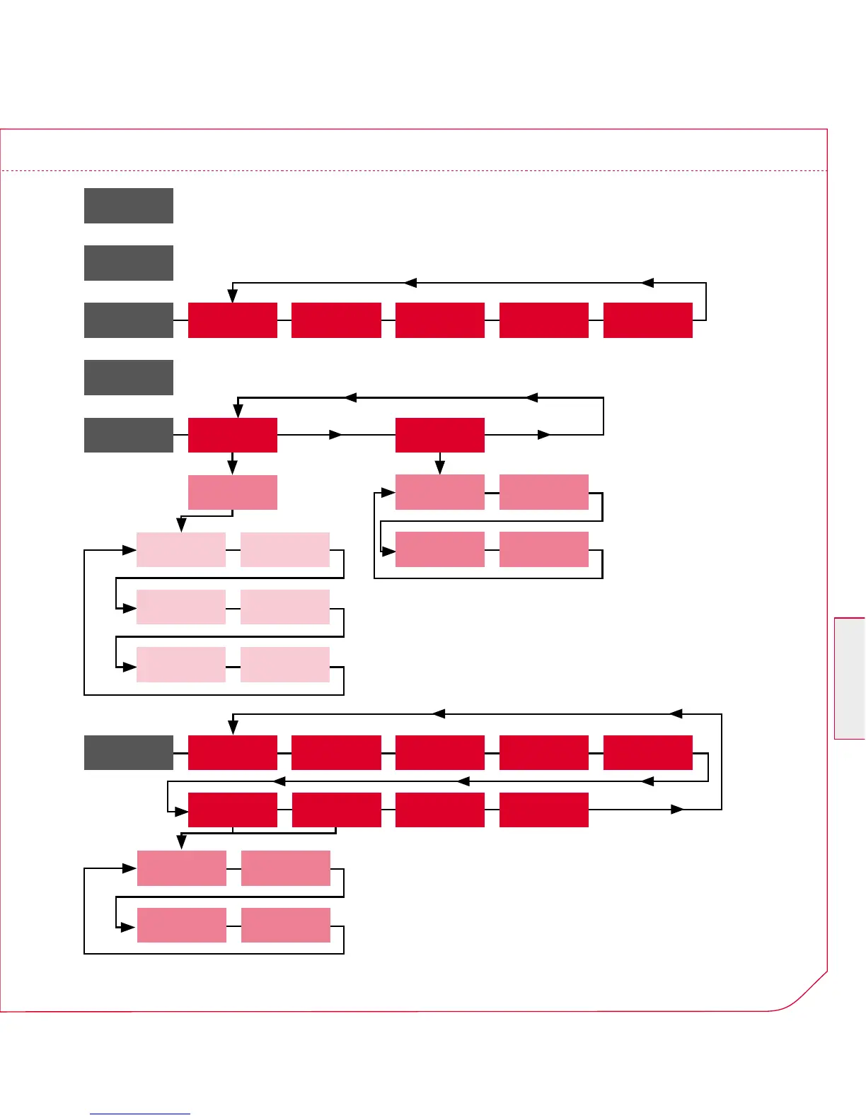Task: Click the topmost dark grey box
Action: (129, 206)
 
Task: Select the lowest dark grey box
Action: (129, 752)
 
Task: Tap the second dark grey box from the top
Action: (129, 263)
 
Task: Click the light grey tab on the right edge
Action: (850, 679)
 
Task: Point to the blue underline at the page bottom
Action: (140, 1114)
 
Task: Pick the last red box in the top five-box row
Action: (647, 320)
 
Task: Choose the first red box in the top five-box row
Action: (232, 320)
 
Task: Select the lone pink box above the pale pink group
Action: (232, 492)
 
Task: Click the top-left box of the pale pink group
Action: (180, 549)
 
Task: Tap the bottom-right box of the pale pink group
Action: (284, 665)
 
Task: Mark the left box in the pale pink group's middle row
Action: (180, 607)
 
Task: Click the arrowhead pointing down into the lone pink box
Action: (232, 467)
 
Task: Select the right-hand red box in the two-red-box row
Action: (439, 435)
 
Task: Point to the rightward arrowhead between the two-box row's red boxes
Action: (336, 435)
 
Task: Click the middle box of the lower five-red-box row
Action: (439, 752)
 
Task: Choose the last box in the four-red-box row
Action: (543, 810)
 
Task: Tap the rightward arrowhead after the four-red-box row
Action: (677, 809)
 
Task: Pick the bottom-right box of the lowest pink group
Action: (285, 925)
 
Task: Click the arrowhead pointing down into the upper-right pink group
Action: (439, 467)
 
